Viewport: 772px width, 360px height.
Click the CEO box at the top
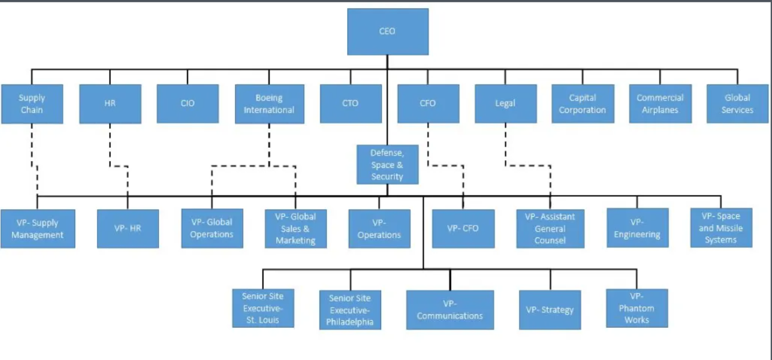(x=387, y=32)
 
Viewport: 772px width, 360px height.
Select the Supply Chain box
(x=32, y=104)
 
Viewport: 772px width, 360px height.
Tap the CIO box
(x=187, y=104)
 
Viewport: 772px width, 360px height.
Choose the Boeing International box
(x=269, y=104)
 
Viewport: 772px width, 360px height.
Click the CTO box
(x=350, y=104)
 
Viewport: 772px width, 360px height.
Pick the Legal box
(x=505, y=104)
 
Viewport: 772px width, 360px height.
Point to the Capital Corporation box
(x=582, y=104)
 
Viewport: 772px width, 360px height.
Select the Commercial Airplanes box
(x=660, y=104)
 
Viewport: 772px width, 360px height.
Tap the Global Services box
(x=738, y=104)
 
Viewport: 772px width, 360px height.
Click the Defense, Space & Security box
(x=387, y=164)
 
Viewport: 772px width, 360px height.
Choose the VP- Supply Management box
(x=37, y=228)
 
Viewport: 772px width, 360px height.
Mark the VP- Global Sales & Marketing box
(x=295, y=228)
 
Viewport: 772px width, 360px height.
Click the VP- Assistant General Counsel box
(x=550, y=228)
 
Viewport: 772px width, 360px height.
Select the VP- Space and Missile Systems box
(x=721, y=228)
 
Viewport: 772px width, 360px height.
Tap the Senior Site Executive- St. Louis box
(x=263, y=308)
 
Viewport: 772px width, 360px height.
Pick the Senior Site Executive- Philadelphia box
(x=350, y=310)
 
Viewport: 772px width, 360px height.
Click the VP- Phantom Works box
(x=637, y=308)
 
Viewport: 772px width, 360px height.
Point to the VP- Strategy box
(x=550, y=309)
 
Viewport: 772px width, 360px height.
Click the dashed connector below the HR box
(x=110, y=147)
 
